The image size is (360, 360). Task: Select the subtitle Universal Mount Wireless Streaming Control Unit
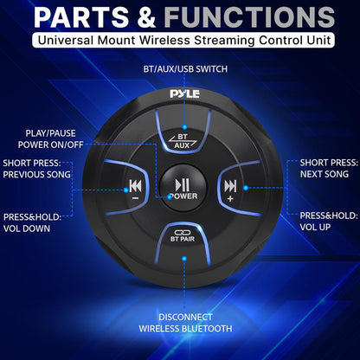pyautogui.click(x=179, y=41)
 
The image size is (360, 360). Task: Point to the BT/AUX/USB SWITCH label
pyautogui.click(x=181, y=68)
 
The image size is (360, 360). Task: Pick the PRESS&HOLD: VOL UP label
pyautogui.click(x=327, y=221)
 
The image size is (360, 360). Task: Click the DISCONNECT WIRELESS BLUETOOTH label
pyautogui.click(x=180, y=322)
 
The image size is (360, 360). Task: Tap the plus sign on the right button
pyautogui.click(x=230, y=198)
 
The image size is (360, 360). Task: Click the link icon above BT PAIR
pyautogui.click(x=182, y=231)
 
